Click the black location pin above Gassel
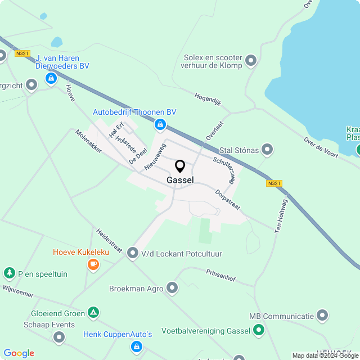pos(180,166)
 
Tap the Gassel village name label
pos(180,181)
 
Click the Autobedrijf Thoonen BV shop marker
pos(160,124)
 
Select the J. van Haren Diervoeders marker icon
pos(51,78)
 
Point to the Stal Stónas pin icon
pos(267,150)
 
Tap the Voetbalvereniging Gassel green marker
pos(258,330)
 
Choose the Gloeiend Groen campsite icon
pos(93,313)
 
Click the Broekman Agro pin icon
pos(172,289)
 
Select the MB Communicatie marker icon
pos(322,316)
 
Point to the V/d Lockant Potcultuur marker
pos(133,254)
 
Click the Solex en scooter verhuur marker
pos(251,60)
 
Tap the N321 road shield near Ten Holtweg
pos(274,183)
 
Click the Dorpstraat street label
pos(228,200)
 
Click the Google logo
pos(19,353)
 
